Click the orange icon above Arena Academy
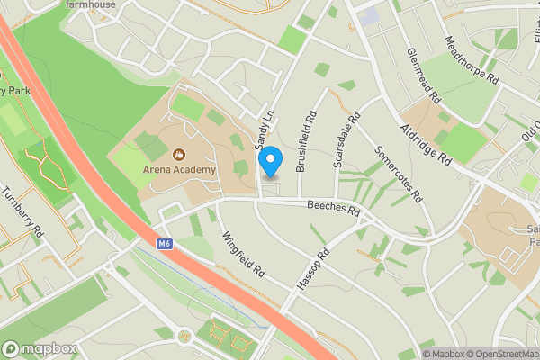[x=179, y=154]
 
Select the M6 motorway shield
[x=163, y=243]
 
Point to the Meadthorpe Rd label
[x=474, y=60]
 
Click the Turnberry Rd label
[x=22, y=211]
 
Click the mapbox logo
[x=40, y=349]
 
